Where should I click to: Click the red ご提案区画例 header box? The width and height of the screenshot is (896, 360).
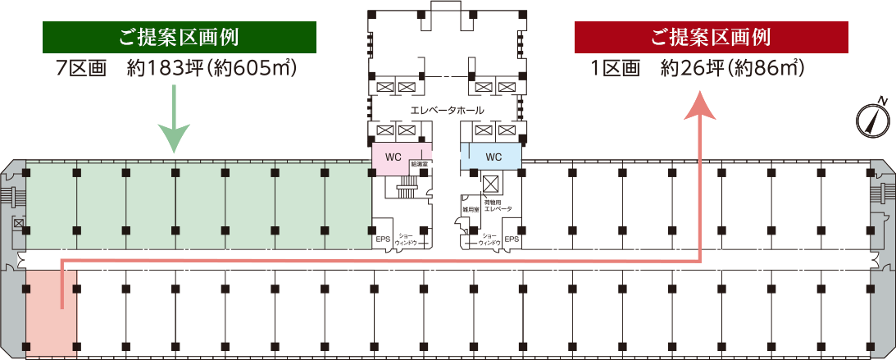point(711,37)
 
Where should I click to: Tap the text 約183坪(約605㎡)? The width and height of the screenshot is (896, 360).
point(211,68)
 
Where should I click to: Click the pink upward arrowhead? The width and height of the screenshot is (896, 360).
point(700,106)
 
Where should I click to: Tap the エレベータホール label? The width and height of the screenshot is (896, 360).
point(447,110)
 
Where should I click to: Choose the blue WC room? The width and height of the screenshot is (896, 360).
point(493,157)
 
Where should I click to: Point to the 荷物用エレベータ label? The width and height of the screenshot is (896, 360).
point(498,205)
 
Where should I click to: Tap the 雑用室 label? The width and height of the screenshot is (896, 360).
point(470,210)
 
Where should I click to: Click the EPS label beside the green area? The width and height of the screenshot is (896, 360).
point(383,239)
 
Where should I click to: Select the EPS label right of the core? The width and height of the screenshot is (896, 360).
point(512,239)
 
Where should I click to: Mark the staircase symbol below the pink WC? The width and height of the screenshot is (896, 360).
point(406,192)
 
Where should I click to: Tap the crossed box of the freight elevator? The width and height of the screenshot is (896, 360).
point(493,182)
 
